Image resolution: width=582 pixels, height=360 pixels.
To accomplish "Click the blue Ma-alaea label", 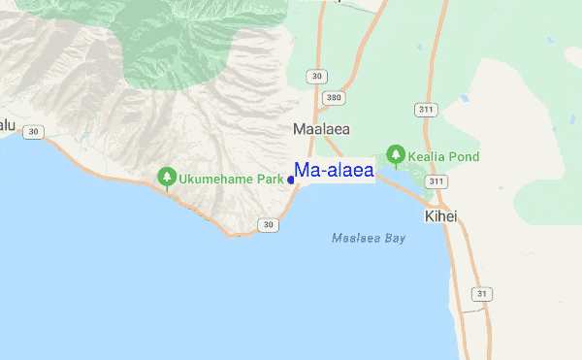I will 335,172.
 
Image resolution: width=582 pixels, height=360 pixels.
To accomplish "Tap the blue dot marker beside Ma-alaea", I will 291,180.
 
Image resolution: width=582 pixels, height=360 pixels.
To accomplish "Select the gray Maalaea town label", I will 321,128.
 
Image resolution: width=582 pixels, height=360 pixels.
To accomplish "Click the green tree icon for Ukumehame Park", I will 167,177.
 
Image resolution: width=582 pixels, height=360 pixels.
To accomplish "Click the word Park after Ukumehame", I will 272,180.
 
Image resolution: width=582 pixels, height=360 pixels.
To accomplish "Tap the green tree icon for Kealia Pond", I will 396,153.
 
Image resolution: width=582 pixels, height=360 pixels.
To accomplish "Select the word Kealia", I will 428,156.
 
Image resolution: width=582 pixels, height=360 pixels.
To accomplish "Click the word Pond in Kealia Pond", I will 465,156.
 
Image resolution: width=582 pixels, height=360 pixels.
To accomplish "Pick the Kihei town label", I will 440,215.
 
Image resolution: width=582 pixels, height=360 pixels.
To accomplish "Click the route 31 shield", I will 482,294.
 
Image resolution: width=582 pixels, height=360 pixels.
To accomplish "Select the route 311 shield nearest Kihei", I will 436,181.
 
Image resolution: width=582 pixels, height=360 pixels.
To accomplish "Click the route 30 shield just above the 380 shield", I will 316,76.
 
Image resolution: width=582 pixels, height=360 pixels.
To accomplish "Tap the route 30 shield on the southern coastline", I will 268,225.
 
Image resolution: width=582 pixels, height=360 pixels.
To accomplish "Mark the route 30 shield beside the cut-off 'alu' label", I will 34,132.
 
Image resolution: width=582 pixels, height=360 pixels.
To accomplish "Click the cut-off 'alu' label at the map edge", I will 8,124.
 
